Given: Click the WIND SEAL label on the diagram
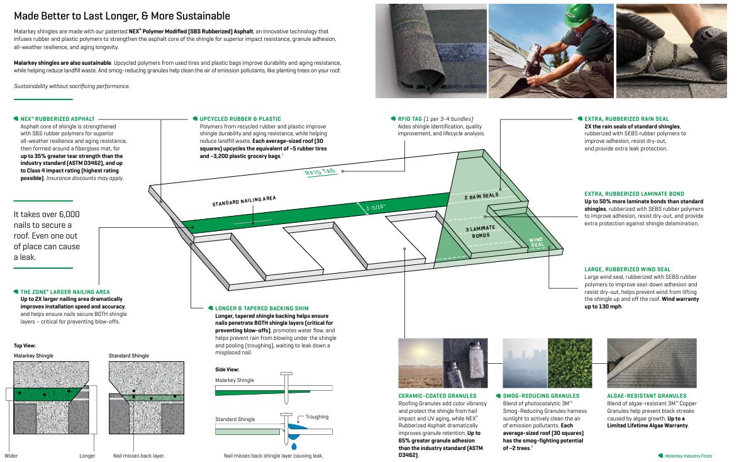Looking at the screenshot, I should click(536, 241).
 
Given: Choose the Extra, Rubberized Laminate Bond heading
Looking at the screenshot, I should click(634, 194).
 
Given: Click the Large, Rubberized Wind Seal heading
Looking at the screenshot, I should click(627, 269).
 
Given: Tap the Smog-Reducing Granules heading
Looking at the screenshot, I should click(541, 396).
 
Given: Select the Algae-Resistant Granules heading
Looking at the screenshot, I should click(647, 396).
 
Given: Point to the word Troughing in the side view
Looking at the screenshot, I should click(316, 417).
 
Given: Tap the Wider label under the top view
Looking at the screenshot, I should click(11, 455).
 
